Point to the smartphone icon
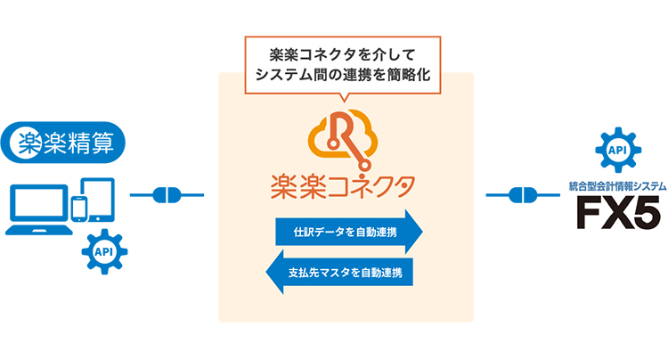78,209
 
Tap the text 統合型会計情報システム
618,186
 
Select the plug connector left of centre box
167,194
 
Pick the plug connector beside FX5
523,194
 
